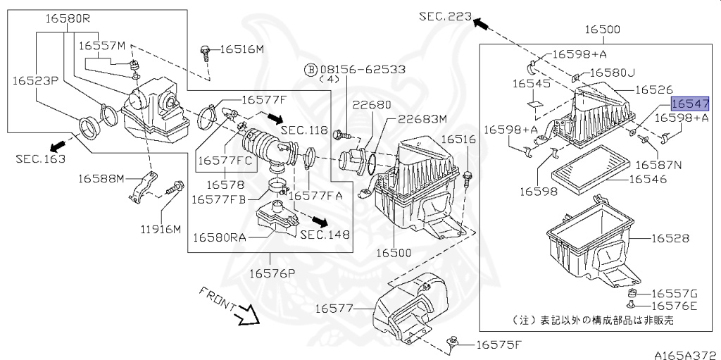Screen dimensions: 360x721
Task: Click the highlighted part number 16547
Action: [689, 104]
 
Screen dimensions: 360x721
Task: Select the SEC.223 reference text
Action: [444, 15]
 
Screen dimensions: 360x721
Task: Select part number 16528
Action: [670, 239]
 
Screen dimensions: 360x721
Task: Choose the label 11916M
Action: [160, 229]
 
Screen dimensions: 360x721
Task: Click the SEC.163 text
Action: [40, 159]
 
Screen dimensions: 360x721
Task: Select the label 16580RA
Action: [219, 237]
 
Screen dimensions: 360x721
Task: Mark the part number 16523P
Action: [35, 81]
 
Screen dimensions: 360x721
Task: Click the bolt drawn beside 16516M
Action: [205, 50]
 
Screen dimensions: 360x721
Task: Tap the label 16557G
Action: [673, 293]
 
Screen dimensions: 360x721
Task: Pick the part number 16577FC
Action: [224, 161]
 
